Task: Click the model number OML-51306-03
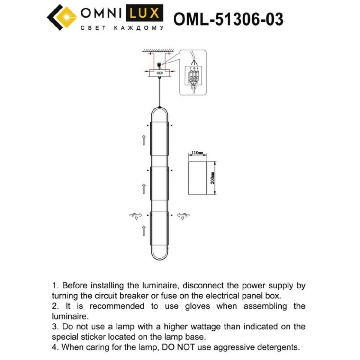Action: click(x=228, y=19)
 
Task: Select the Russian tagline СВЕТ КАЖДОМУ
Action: click(x=122, y=28)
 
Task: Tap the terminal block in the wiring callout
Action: click(x=194, y=76)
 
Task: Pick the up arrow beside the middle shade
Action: click(x=144, y=188)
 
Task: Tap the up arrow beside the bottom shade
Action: click(x=144, y=232)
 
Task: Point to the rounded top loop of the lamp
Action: click(x=160, y=111)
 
